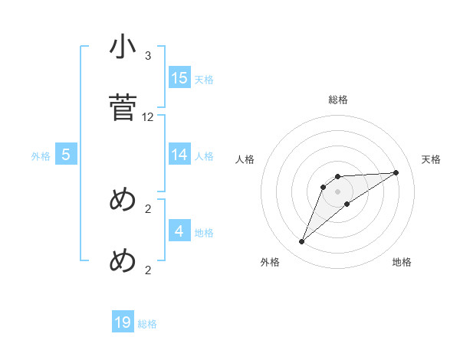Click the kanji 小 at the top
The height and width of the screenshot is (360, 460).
123,47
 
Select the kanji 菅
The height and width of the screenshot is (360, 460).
123,108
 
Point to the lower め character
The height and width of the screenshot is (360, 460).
123,261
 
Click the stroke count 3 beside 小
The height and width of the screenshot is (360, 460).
148,56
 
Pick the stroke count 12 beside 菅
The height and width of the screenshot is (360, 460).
148,117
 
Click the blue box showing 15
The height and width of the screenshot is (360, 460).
179,77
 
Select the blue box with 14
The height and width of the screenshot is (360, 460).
179,154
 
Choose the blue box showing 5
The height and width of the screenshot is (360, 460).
66,155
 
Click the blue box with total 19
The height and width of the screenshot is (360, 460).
123,322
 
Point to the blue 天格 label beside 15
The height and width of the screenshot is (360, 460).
204,79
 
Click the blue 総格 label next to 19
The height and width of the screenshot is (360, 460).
147,324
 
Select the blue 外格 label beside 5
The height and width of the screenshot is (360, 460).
41,156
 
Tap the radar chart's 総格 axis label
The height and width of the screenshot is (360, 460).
338,100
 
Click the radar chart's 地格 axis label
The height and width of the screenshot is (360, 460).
402,262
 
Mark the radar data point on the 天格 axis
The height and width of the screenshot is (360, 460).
396,172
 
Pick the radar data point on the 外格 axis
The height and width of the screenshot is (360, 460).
302,242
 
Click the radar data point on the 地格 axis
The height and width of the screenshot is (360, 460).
347,204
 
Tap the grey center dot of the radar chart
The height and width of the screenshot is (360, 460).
338,191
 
